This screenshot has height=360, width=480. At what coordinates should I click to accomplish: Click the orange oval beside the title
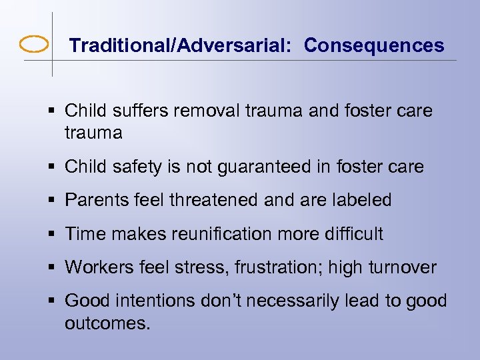pyautogui.click(x=34, y=45)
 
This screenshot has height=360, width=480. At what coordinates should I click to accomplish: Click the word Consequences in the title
pyautogui.click(x=374, y=45)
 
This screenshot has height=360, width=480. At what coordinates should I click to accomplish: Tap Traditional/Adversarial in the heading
pyautogui.click(x=182, y=45)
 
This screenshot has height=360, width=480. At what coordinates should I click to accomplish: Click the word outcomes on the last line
pyautogui.click(x=108, y=324)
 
